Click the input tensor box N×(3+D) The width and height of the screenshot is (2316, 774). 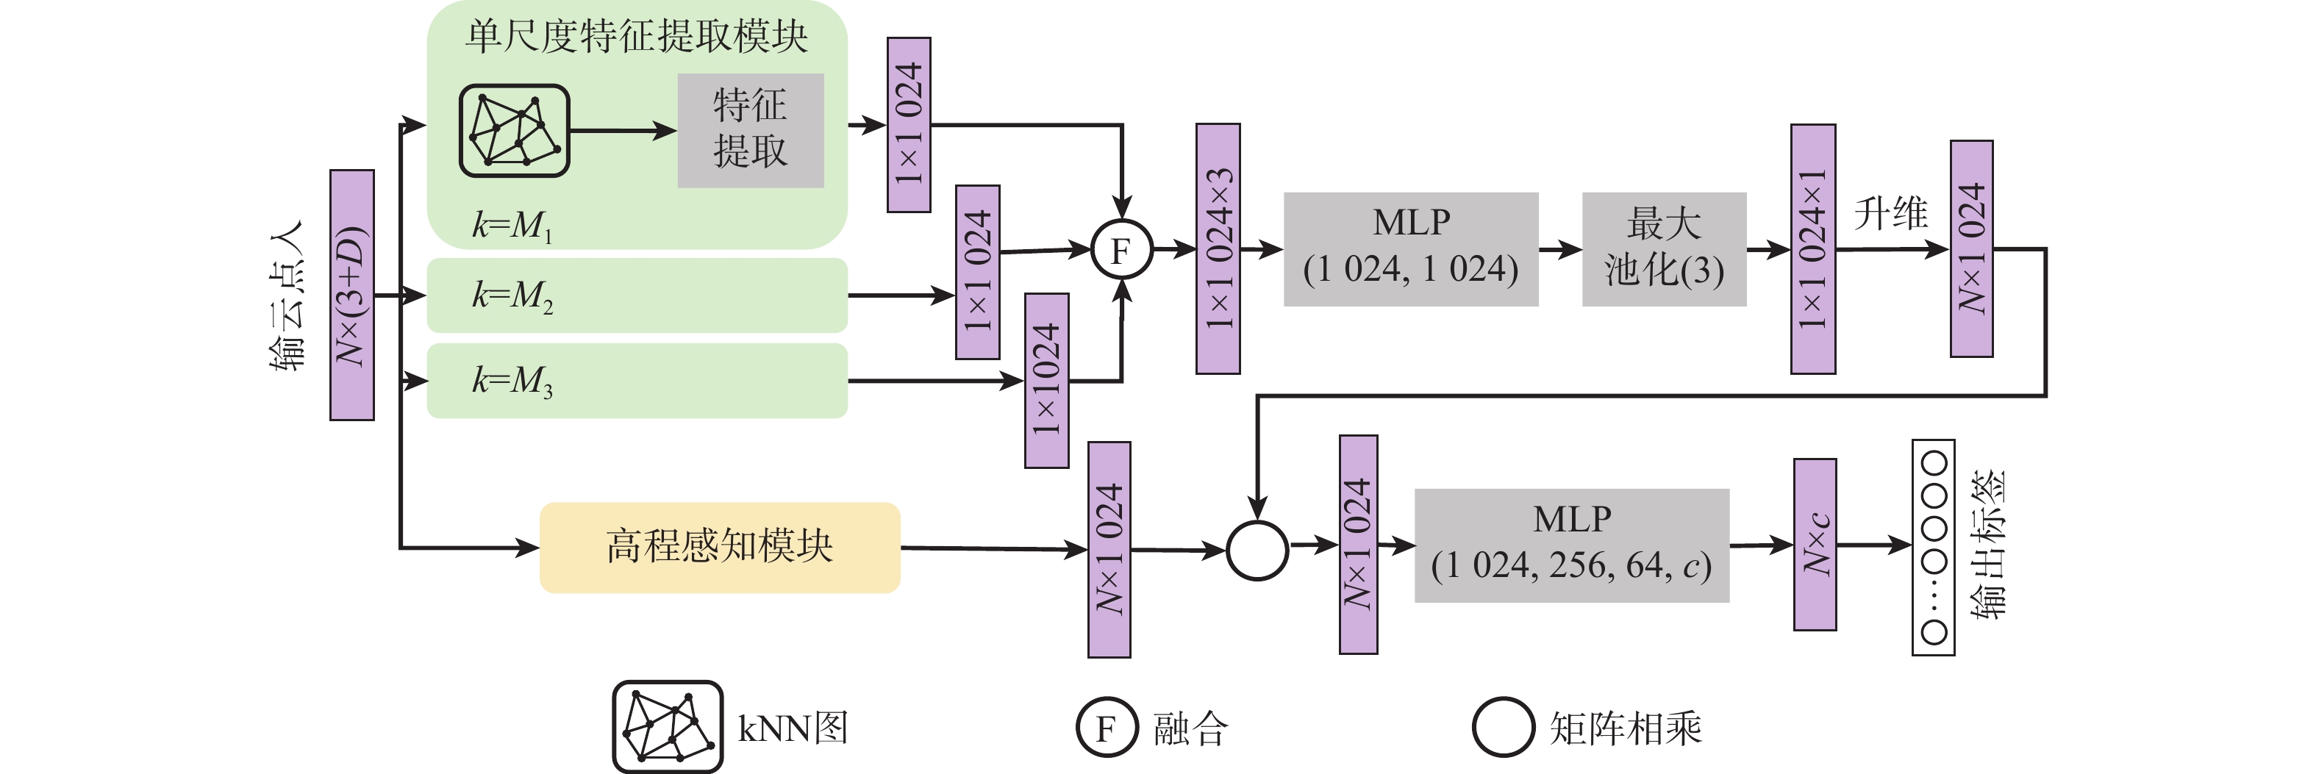[x=351, y=295]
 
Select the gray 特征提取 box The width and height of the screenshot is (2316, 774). [x=750, y=130]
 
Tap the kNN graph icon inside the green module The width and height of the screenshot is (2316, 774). [x=514, y=130]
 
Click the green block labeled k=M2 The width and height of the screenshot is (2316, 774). [x=637, y=295]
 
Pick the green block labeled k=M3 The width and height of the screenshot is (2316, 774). [x=637, y=380]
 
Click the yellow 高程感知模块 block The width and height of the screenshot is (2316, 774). [x=719, y=547]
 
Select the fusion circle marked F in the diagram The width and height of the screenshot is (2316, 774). [x=1121, y=250]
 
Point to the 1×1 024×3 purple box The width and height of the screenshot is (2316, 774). [x=1218, y=249]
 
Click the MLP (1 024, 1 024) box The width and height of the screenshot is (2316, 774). [x=1411, y=249]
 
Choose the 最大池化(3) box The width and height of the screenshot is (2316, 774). [x=1663, y=249]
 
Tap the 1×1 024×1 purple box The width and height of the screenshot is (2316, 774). [x=1812, y=249]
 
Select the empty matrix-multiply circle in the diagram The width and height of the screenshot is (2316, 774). [x=1257, y=550]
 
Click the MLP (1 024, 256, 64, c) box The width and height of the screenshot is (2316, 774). [x=1572, y=545]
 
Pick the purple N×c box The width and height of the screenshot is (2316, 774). [x=1815, y=545]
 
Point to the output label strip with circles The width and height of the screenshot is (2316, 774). [x=1933, y=547]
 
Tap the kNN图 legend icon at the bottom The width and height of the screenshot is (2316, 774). [x=667, y=726]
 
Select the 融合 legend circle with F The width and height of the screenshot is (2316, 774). [x=1107, y=727]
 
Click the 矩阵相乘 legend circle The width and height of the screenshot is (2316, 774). [x=1502, y=727]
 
